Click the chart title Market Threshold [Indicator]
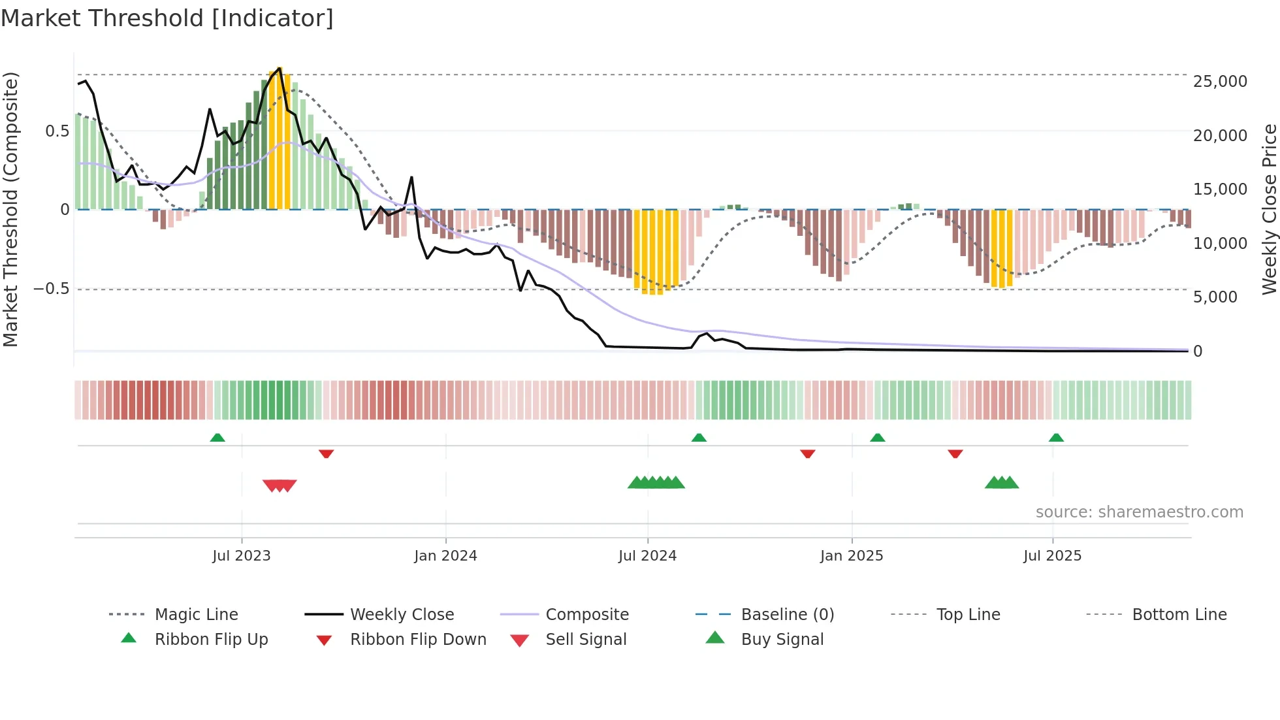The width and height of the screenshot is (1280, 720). pos(167,18)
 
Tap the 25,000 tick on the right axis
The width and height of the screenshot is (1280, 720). pos(1219,82)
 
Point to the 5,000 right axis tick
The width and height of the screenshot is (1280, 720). pos(1215,297)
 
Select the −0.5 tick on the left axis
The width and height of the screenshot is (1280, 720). pos(52,289)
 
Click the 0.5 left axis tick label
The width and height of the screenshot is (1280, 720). pos(57,131)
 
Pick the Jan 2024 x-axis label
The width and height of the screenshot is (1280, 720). pos(445,556)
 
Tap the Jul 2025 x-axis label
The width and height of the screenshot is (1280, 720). pos(1052,556)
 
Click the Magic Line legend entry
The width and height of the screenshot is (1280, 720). pos(196,615)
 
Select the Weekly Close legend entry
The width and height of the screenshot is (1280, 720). pos(402,615)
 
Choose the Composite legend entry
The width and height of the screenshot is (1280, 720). pos(586,615)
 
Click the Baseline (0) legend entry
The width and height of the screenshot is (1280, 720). pos(787,615)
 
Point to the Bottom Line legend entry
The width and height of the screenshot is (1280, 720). pos(1179,615)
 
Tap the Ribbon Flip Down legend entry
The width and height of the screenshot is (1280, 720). pos(418,640)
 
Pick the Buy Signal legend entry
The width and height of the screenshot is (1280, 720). pos(782,640)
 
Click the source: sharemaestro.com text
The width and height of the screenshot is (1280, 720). pos(1139,512)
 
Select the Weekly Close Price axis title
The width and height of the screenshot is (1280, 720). pos(1269,209)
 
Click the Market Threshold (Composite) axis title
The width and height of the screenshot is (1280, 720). pos(11,209)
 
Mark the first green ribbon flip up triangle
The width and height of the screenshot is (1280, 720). pos(217,438)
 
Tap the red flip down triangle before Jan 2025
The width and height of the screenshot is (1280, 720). pos(808,453)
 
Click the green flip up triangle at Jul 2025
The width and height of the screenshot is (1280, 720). pos(1056,438)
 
